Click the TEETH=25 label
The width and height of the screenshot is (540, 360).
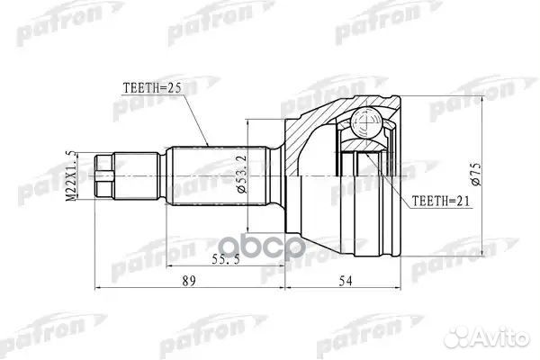(151, 87)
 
